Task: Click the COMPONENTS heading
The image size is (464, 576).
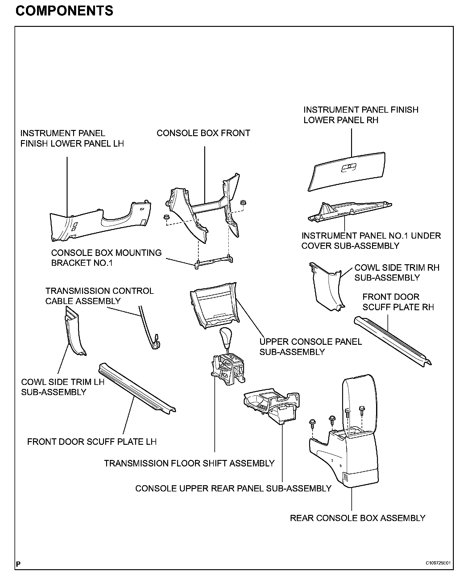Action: tap(64, 11)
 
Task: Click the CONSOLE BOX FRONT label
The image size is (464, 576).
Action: tap(203, 133)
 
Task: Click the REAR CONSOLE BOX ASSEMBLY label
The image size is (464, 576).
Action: tap(358, 518)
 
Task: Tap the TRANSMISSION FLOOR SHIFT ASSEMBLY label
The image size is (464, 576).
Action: tap(189, 463)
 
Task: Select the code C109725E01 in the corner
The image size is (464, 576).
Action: tap(438, 563)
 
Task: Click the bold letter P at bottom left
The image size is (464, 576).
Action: tap(19, 564)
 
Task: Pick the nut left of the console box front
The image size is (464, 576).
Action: tap(166, 217)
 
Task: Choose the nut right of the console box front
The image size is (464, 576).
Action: tap(243, 202)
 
